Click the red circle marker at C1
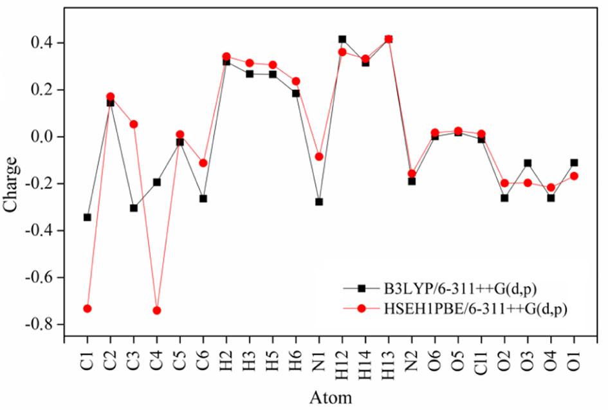click(88, 308)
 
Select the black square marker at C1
click(88, 217)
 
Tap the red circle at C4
click(157, 310)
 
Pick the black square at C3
click(134, 208)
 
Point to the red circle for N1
click(319, 156)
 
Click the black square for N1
click(319, 201)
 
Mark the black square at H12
click(342, 39)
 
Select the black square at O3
click(528, 163)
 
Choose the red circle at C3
click(134, 124)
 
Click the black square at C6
click(203, 198)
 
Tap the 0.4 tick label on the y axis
click(46, 42)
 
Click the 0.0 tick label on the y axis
click(46, 136)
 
